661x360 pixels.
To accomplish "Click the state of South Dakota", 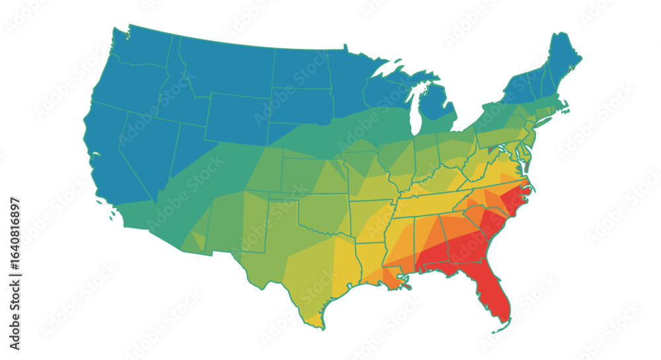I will [x=301, y=106].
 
